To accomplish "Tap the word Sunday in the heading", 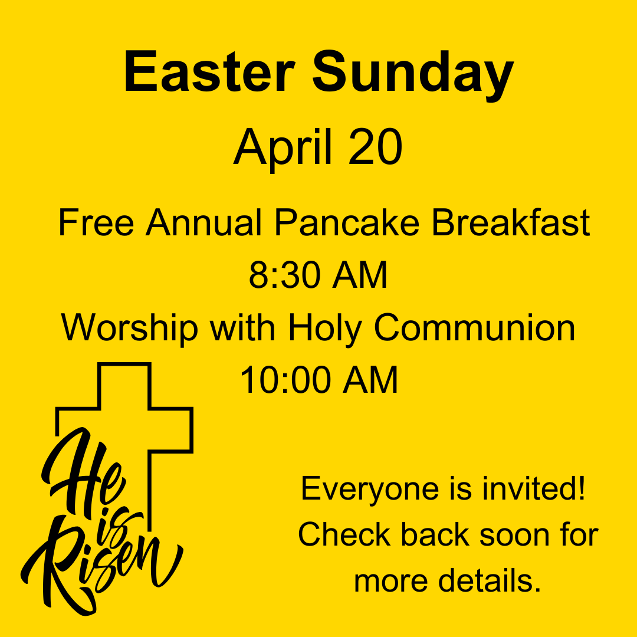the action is [x=413, y=75].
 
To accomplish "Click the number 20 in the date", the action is [x=375, y=147].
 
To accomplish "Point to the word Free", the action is [x=96, y=222].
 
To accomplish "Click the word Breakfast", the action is [x=510, y=222].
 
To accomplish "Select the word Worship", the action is [x=130, y=329].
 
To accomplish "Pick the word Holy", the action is [x=325, y=329].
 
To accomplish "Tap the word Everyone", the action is [x=370, y=490].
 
